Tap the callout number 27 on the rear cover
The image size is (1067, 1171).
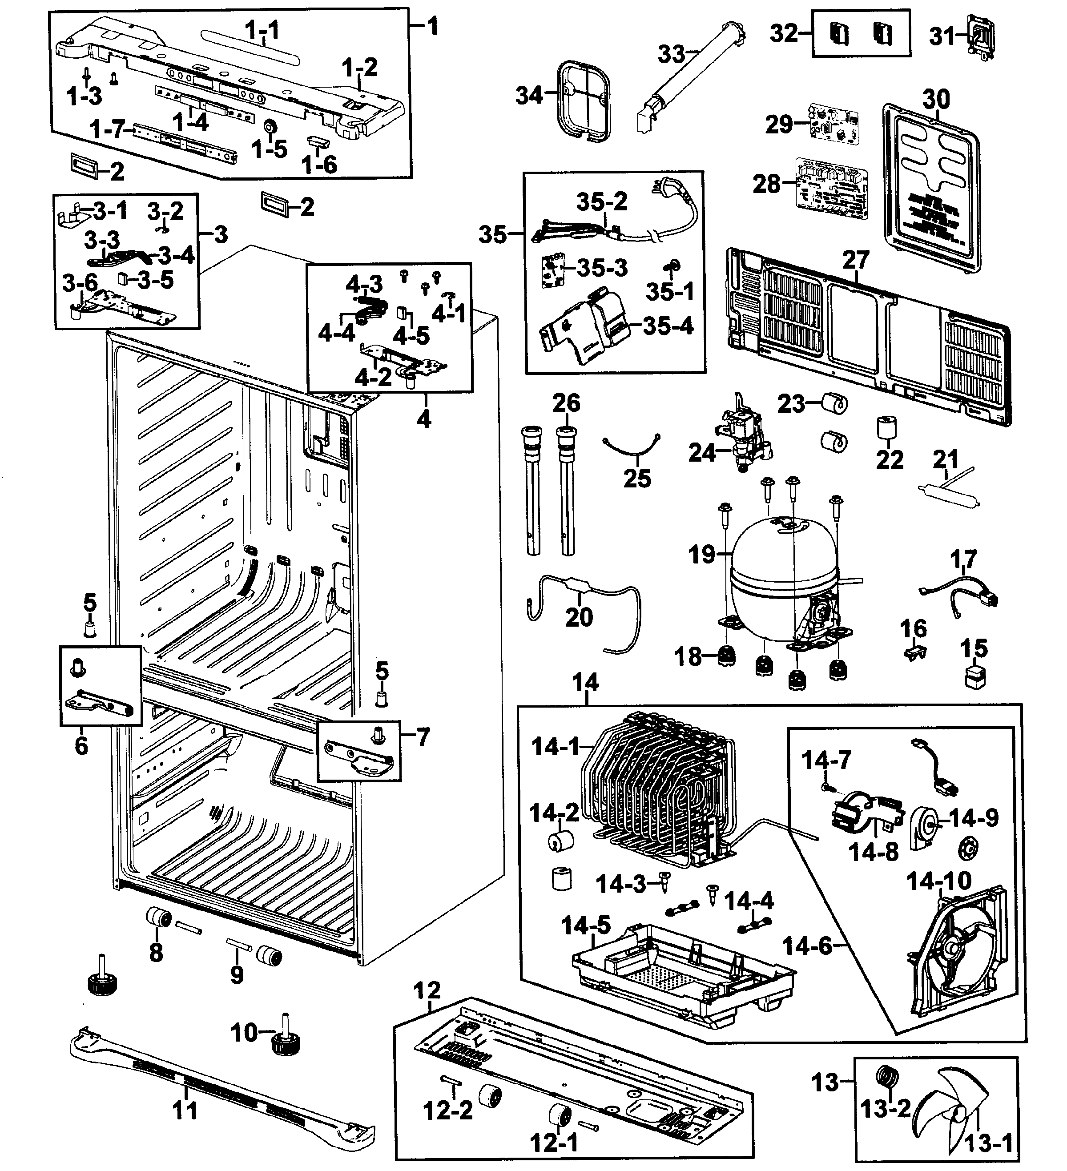(x=856, y=260)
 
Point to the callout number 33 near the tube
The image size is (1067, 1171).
(x=672, y=54)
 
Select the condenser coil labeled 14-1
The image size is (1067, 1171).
(x=656, y=796)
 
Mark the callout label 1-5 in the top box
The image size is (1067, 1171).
(x=269, y=149)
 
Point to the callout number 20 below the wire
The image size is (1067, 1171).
(x=579, y=617)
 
